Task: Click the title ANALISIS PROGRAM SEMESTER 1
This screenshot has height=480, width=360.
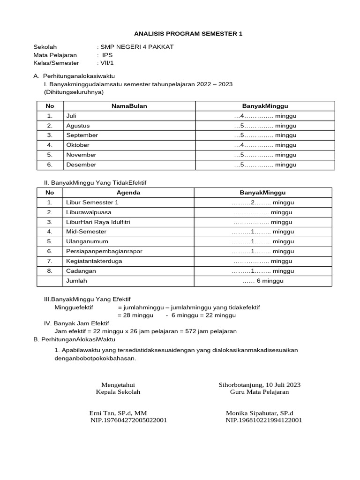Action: [188, 34]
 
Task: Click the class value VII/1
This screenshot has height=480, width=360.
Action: [106, 63]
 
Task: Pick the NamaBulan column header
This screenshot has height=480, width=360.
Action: [129, 106]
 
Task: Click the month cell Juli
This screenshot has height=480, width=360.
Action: [71, 116]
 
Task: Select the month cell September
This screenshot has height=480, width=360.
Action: [82, 135]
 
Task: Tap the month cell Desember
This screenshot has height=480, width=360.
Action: [81, 165]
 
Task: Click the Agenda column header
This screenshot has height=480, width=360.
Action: [128, 193]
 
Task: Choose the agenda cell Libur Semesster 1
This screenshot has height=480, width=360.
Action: [92, 202]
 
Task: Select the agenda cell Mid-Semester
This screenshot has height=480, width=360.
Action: [86, 232]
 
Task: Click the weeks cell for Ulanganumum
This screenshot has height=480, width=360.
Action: [262, 241]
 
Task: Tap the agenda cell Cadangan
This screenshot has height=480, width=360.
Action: [81, 271]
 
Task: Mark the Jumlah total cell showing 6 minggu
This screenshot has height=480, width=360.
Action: [262, 281]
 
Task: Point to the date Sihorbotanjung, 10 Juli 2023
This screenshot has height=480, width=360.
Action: [259, 385]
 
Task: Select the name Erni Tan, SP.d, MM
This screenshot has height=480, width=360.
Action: [118, 413]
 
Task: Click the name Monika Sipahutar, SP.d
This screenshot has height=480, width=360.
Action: [259, 413]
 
